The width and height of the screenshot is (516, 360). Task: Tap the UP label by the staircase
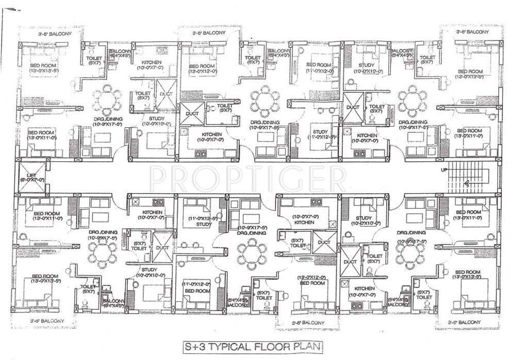[x=443, y=169]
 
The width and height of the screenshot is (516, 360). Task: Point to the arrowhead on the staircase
[x=465, y=182]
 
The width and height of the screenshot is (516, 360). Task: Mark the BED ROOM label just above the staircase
[x=469, y=130]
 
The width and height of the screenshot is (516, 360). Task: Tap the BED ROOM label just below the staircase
[x=469, y=212]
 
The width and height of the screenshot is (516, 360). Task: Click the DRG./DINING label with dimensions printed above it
[x=252, y=233]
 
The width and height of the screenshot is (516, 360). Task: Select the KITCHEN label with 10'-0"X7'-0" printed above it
[x=304, y=222]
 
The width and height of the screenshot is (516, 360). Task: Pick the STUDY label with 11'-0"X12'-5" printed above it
[x=204, y=224]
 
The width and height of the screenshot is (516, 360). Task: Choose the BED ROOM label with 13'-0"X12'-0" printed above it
[x=312, y=283]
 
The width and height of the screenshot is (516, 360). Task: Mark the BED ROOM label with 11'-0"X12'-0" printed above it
[x=197, y=291]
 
